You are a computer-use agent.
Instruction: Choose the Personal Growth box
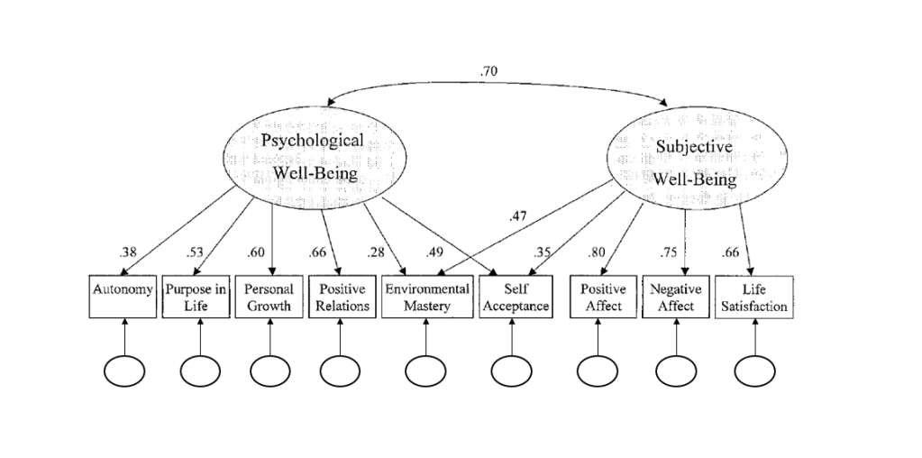pos(269,297)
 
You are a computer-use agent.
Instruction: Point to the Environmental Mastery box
pos(426,297)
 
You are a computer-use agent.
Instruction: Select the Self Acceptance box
pos(514,297)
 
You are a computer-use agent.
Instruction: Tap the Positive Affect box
pos(603,297)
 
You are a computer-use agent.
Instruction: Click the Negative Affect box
pos(676,297)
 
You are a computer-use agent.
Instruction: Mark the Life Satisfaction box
pos(754,297)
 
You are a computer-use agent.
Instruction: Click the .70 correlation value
pos(489,69)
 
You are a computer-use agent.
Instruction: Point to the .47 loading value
pos(517,216)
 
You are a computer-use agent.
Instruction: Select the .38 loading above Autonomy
pos(128,252)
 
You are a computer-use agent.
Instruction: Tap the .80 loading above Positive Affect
pos(597,252)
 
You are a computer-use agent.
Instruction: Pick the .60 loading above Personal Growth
pos(256,252)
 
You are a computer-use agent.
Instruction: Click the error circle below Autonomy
pos(124,370)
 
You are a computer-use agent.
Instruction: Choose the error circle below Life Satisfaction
pos(754,370)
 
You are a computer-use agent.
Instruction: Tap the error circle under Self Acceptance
pos(512,370)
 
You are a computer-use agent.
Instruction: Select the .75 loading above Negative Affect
pos(668,252)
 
